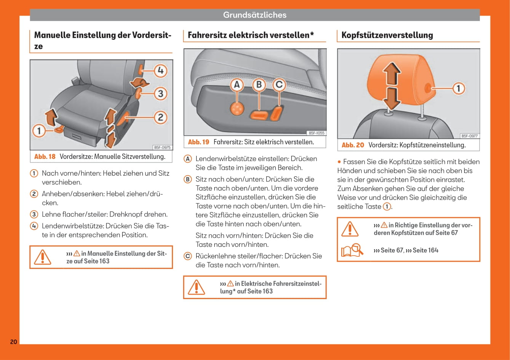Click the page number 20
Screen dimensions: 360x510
point(13,342)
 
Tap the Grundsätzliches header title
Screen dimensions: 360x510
point(254,15)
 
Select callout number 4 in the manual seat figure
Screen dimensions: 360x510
point(160,70)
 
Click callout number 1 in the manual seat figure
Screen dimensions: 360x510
point(38,131)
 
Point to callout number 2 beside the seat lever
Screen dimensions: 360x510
point(160,117)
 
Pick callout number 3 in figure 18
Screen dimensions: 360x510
point(160,93)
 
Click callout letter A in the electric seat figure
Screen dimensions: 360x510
point(237,85)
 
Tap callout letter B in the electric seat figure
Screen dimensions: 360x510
point(259,85)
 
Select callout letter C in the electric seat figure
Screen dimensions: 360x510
point(279,85)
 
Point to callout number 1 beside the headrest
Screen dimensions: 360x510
point(459,89)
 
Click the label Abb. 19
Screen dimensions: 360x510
point(198,142)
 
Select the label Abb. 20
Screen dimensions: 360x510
point(353,145)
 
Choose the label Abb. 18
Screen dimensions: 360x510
point(45,157)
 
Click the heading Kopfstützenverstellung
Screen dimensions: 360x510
point(387,35)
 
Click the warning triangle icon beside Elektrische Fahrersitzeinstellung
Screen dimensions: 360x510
point(197,287)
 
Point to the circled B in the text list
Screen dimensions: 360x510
point(188,179)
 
